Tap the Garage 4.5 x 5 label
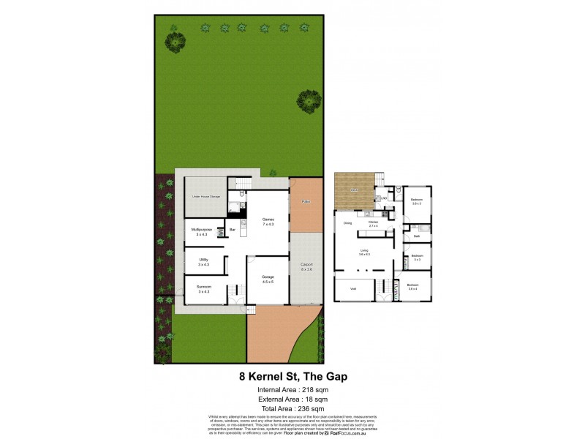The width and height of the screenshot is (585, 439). [x=268, y=279]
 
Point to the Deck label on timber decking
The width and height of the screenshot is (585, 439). [x=353, y=190]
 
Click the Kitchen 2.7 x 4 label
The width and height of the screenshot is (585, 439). [x=373, y=224]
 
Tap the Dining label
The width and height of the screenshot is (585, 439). [x=348, y=222]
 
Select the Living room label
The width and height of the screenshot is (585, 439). [x=364, y=252]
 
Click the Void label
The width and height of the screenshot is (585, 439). [x=352, y=289]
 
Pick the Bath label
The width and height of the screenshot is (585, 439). [x=416, y=236]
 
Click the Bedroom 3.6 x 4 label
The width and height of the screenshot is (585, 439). [x=413, y=287]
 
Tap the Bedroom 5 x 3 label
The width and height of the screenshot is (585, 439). [x=417, y=258]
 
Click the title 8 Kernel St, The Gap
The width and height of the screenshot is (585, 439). [x=293, y=376]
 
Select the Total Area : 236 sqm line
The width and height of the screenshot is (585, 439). [x=293, y=408]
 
